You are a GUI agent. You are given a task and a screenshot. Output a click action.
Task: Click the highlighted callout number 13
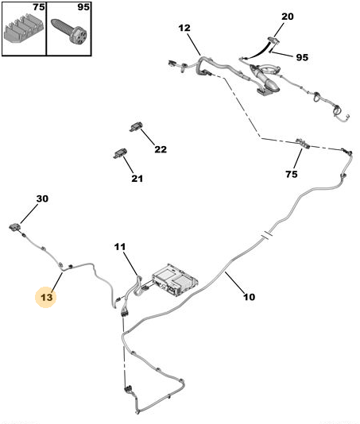tap(46, 298)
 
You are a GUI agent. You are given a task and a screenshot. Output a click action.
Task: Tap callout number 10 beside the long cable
tap(250, 297)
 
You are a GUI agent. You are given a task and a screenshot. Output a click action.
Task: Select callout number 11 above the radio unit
tap(120, 247)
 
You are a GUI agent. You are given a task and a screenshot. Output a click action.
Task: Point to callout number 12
tap(184, 28)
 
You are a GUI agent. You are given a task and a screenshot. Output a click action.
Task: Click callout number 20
tap(287, 17)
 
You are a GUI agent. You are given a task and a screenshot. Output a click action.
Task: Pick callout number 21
tap(137, 179)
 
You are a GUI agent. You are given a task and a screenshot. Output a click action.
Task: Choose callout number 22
tap(161, 149)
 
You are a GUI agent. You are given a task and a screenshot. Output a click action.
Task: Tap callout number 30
tap(42, 199)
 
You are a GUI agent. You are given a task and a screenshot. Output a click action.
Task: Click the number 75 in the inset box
tap(39, 7)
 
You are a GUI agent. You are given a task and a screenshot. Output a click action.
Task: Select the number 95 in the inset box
tap(83, 7)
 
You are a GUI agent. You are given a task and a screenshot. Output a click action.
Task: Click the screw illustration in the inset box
tap(69, 30)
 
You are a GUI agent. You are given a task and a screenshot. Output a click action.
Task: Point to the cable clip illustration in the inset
tap(24, 30)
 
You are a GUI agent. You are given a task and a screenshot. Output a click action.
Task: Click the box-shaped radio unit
tap(175, 280)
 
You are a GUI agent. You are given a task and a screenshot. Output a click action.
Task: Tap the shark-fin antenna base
tap(265, 80)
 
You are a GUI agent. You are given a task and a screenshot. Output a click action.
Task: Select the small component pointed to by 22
tap(136, 127)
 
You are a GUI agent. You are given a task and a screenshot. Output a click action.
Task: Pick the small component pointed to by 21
tap(120, 153)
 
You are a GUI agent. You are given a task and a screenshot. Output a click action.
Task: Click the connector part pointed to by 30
tap(15, 226)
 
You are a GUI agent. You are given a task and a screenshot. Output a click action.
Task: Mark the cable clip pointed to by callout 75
tap(303, 143)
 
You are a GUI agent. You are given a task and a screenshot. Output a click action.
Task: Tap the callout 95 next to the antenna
tap(302, 57)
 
